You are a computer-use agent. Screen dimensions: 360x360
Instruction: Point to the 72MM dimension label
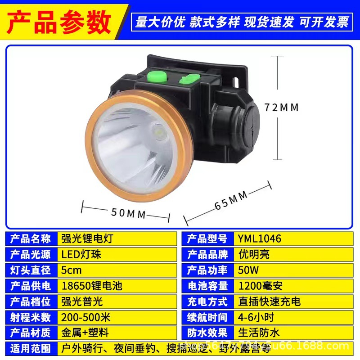pyautogui.click(x=282, y=108)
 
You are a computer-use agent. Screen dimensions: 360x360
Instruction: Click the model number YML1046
pyautogui.click(x=260, y=238)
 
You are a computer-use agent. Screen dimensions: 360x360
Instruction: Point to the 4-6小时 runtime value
pyautogui.click(x=256, y=317)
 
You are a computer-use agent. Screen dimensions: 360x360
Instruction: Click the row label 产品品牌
pyautogui.click(x=207, y=254)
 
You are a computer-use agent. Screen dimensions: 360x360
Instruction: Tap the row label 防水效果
pyautogui.click(x=207, y=333)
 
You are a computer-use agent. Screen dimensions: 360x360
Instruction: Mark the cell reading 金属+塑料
pyautogui.click(x=85, y=333)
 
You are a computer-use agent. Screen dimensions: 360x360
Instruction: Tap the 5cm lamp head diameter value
pyautogui.click(x=72, y=270)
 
